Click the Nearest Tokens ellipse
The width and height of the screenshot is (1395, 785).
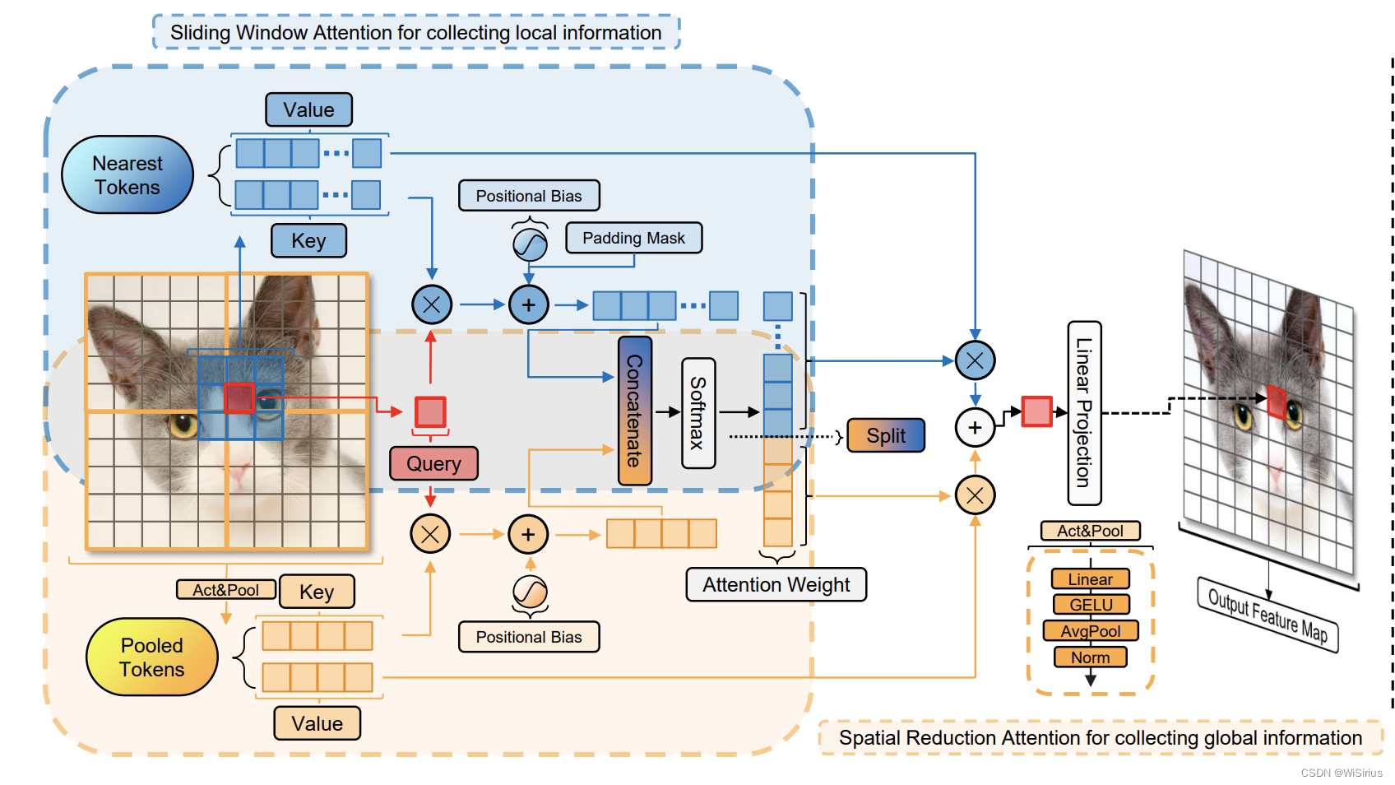[x=127, y=175]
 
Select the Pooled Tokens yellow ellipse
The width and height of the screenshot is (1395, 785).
[x=152, y=657]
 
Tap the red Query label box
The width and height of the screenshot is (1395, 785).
[x=433, y=464]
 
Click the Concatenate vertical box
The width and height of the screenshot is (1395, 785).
[x=634, y=411]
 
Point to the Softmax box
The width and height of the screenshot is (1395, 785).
[x=698, y=413]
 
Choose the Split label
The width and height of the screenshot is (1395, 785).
[x=885, y=435]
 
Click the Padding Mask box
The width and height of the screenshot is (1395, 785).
[x=633, y=238]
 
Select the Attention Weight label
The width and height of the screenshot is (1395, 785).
[x=776, y=585]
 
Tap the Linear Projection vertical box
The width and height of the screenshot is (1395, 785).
[x=1084, y=413]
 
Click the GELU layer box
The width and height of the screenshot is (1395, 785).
[x=1091, y=605]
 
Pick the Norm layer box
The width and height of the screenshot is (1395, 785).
[x=1091, y=657]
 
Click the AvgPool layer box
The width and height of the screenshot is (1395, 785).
[x=1091, y=631]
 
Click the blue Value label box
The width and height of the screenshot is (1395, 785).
[x=308, y=109]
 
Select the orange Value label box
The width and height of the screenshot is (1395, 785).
[x=317, y=723]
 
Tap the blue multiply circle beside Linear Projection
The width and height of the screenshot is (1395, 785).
[x=975, y=360]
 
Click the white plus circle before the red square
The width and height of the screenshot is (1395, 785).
[x=975, y=428]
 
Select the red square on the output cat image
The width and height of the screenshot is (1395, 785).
[x=1277, y=402]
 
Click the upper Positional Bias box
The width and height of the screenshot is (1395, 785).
[x=529, y=196]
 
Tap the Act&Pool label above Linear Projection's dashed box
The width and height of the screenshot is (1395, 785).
[x=1090, y=531]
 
